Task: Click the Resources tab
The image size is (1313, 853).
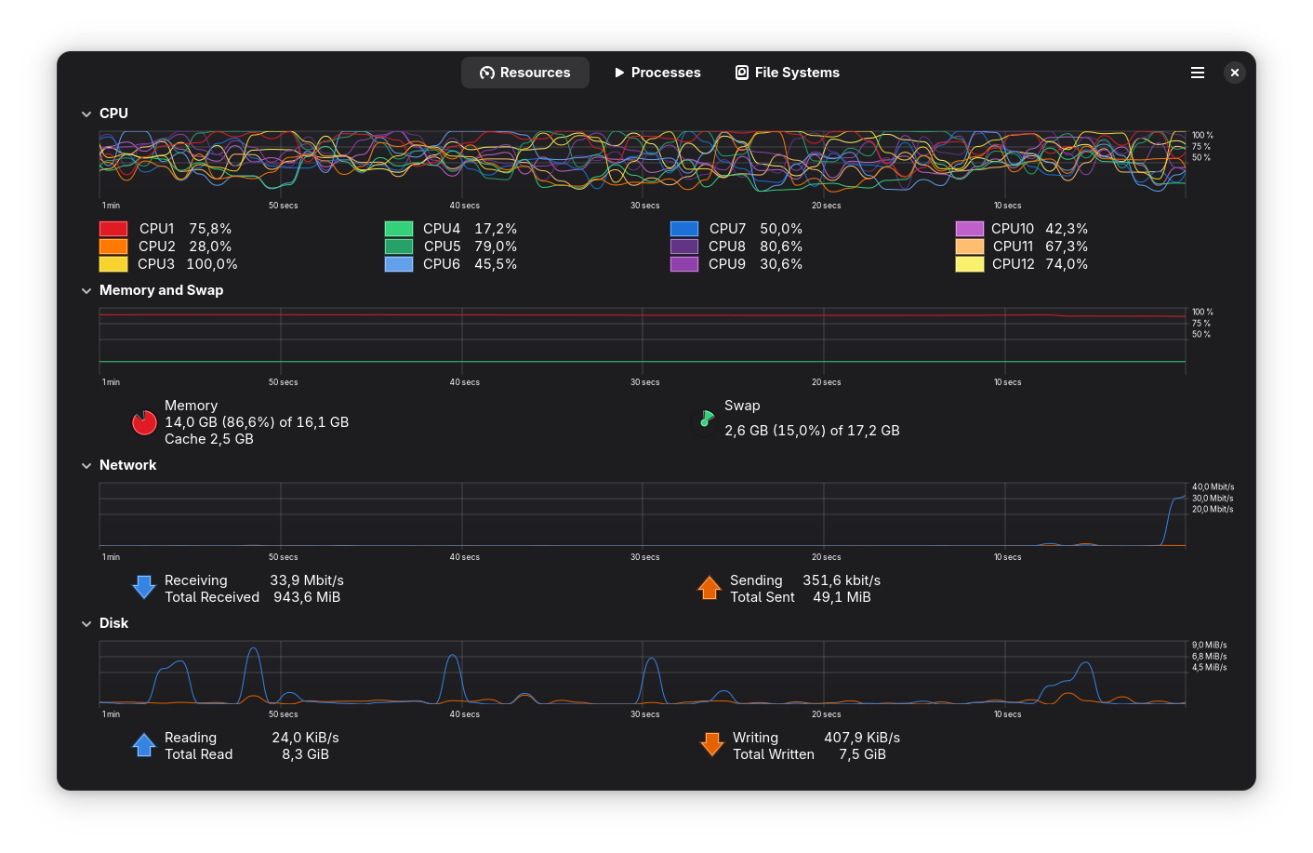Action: click(x=524, y=73)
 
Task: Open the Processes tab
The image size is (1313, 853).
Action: click(x=657, y=73)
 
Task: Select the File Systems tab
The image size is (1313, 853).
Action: click(x=788, y=73)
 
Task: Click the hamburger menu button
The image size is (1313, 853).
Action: click(x=1198, y=73)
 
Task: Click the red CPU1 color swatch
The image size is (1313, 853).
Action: click(x=113, y=229)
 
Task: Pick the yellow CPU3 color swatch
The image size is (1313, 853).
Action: click(x=113, y=264)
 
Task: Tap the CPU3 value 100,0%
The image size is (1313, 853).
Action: click(x=212, y=264)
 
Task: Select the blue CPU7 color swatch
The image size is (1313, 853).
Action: click(x=684, y=229)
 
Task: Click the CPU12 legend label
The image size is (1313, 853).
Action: click(x=1013, y=264)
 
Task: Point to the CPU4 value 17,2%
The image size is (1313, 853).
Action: click(x=496, y=229)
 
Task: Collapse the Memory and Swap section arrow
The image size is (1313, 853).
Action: click(x=86, y=291)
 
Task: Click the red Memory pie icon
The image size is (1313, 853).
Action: click(x=144, y=422)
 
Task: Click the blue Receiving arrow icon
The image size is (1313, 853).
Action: click(x=144, y=587)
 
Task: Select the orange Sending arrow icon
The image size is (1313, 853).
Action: click(x=710, y=588)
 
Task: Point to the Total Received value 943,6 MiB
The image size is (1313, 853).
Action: click(x=307, y=597)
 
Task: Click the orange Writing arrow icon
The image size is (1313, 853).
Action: click(x=712, y=744)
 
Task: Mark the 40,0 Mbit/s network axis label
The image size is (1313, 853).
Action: click(x=1213, y=487)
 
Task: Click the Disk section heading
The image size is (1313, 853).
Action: click(x=113, y=623)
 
